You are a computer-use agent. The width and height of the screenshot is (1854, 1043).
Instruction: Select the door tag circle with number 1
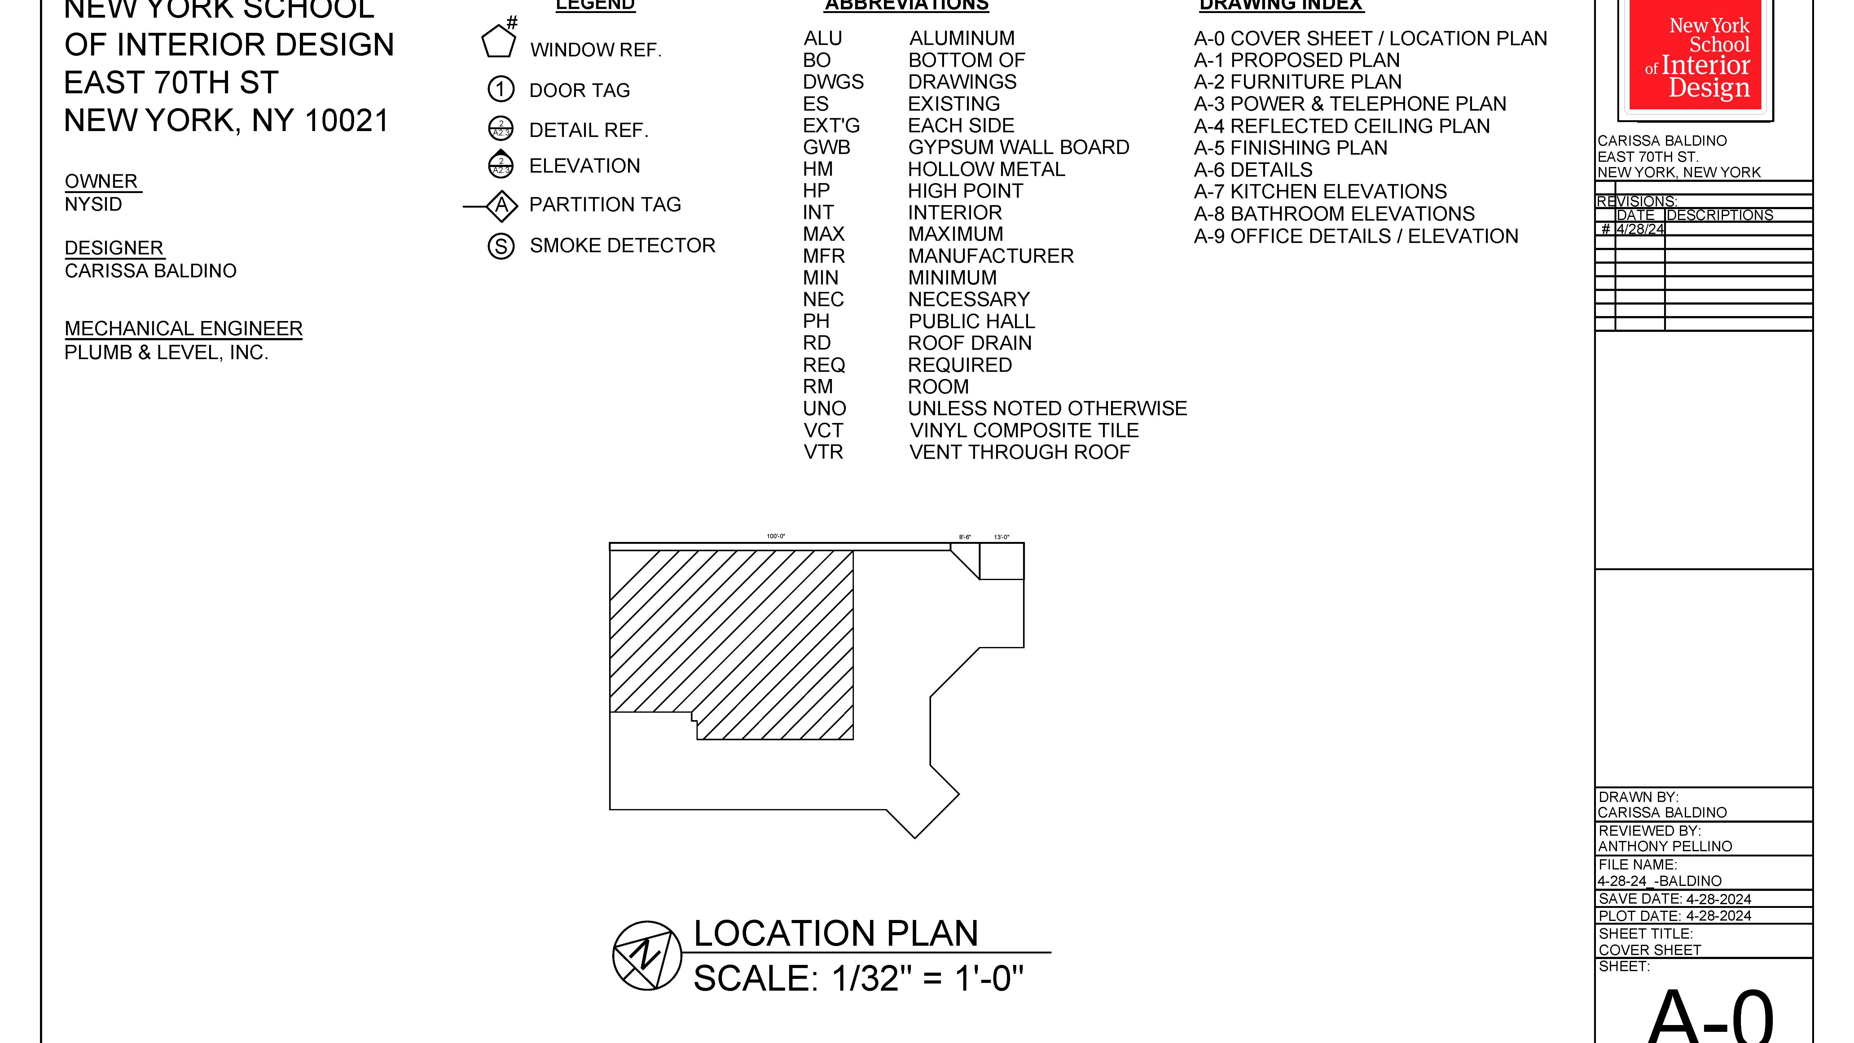click(x=501, y=89)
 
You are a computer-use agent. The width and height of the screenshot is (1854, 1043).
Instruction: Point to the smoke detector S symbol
click(x=501, y=246)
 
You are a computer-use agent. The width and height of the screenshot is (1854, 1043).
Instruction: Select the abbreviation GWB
click(x=826, y=147)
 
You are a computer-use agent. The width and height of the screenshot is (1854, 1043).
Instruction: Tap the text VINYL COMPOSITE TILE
click(x=1023, y=430)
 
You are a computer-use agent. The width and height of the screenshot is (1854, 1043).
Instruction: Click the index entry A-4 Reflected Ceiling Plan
click(x=1342, y=126)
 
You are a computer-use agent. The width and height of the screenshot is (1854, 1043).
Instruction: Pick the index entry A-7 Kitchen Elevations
click(x=1320, y=191)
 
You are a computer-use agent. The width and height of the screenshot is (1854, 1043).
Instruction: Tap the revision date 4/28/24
click(x=1640, y=229)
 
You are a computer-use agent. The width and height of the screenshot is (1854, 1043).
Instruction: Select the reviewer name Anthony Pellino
click(x=1665, y=847)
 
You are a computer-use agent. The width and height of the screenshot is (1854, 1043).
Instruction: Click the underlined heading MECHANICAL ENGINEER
click(x=183, y=329)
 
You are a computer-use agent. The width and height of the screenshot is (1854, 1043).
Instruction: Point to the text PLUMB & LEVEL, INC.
click(x=166, y=353)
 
